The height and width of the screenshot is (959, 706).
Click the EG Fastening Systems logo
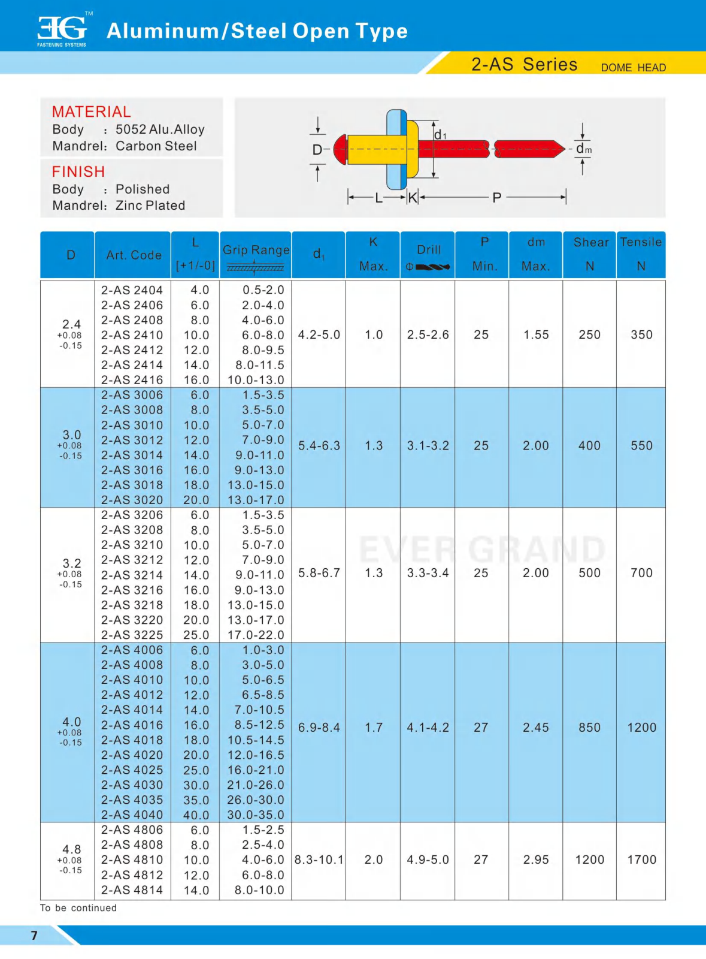[62, 30]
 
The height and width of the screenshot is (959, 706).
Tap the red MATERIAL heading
[91, 112]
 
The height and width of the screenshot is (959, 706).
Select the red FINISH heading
[78, 172]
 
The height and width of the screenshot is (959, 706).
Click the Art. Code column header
[134, 255]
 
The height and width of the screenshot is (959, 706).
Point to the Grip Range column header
[256, 251]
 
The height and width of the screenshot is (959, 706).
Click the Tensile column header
[641, 243]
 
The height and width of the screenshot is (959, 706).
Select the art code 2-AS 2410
[132, 335]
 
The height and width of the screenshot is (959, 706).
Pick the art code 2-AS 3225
[132, 635]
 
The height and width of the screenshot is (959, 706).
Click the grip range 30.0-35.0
[256, 815]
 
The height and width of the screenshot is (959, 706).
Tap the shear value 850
[589, 728]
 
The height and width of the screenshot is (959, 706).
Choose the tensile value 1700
[641, 860]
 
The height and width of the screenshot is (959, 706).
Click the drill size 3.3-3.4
[428, 573]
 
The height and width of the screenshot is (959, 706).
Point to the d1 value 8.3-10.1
[319, 860]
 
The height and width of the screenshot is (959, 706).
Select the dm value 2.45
[535, 728]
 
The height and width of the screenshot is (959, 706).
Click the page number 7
[34, 936]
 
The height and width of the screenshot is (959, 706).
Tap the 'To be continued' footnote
[78, 908]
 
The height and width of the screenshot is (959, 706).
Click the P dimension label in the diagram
[496, 197]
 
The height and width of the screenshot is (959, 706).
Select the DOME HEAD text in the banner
[633, 68]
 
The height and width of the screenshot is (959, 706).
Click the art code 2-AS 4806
[132, 830]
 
